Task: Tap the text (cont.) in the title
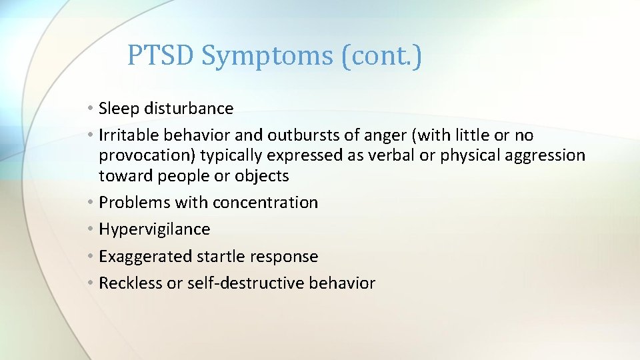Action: point(381,56)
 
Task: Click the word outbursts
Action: point(304,135)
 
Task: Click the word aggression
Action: point(543,156)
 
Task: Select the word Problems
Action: point(134,202)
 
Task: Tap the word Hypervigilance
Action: point(154,229)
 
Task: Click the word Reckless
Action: point(130,283)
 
